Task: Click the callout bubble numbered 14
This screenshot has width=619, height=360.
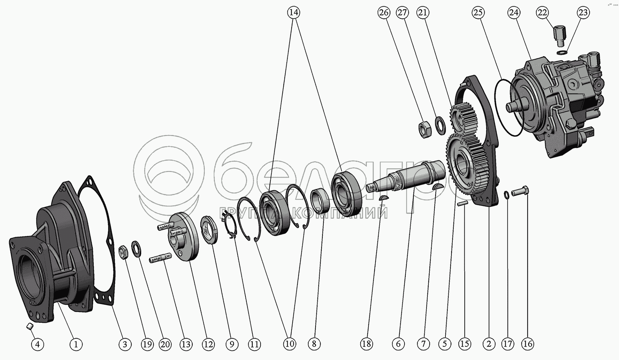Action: [293, 13]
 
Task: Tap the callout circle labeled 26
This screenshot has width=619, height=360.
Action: [384, 13]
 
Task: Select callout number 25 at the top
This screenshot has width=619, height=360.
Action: [478, 13]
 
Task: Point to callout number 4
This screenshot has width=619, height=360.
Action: [38, 344]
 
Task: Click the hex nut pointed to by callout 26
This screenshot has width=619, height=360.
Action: [425, 130]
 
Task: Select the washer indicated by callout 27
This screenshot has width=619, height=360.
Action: [440, 125]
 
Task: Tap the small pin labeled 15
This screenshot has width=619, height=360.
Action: [463, 204]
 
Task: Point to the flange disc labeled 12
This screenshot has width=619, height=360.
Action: [184, 237]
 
